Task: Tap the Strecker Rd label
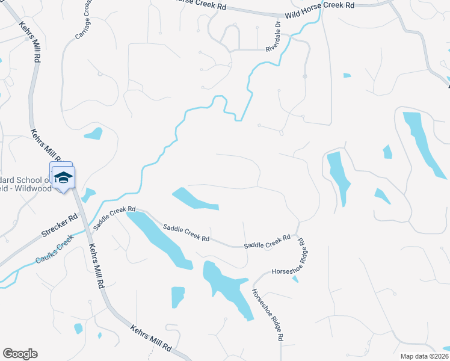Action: tap(60, 224)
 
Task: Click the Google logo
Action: tap(20, 354)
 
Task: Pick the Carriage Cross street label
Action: tap(84, 22)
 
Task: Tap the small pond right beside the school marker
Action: tap(88, 195)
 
